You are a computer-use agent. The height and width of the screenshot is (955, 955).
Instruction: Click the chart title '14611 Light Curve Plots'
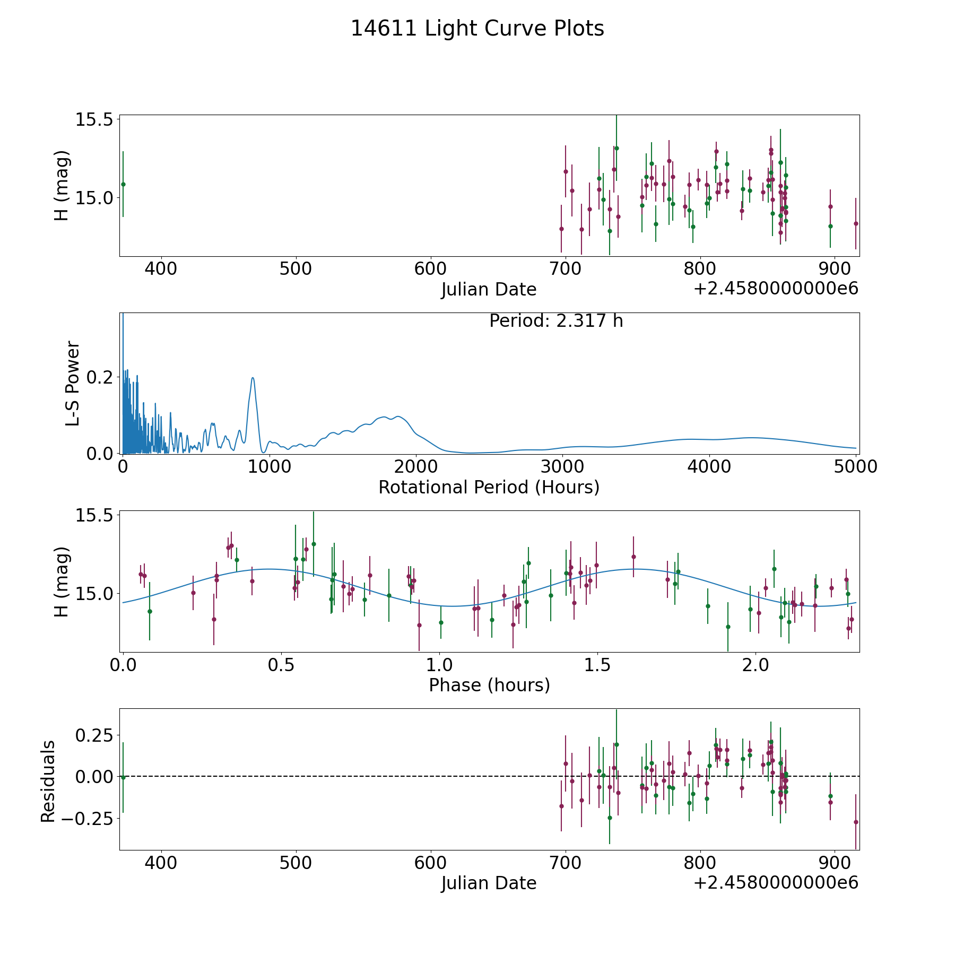pos(477,29)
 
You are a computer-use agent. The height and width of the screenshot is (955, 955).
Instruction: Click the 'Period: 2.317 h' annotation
pos(556,321)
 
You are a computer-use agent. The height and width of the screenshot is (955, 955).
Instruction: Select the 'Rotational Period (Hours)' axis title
pos(489,487)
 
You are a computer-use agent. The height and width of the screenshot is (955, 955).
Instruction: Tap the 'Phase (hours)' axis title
pos(489,685)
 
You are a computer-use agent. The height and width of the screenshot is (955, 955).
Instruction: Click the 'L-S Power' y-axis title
pos(73,383)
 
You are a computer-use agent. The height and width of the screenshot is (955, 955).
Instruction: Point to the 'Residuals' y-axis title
pos(48,781)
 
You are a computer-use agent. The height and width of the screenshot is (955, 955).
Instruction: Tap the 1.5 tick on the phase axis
pos(597,665)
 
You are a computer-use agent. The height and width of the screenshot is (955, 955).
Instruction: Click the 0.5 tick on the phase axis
pos(281,665)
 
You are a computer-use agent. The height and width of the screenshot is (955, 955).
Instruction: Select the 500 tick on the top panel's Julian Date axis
pos(296,269)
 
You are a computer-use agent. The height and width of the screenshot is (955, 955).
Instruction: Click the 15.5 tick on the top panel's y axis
pos(96,120)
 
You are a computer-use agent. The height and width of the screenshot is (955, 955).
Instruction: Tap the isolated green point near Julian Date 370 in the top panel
pos(123,184)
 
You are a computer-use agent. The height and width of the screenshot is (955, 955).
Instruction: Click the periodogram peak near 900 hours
pos(253,378)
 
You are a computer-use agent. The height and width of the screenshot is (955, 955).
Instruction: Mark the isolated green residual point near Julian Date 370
pos(123,777)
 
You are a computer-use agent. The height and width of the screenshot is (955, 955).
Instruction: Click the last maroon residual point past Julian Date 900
pos(856,822)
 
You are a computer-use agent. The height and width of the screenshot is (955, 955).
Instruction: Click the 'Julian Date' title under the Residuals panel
pos(489,883)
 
